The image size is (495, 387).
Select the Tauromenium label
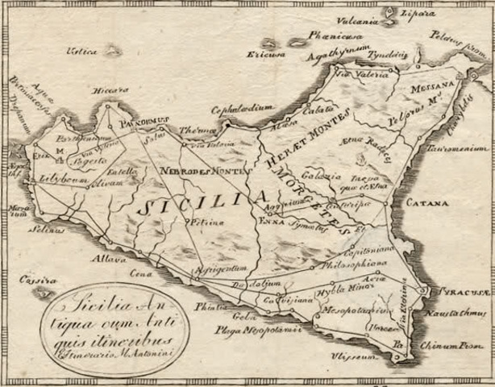point(460,148)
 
